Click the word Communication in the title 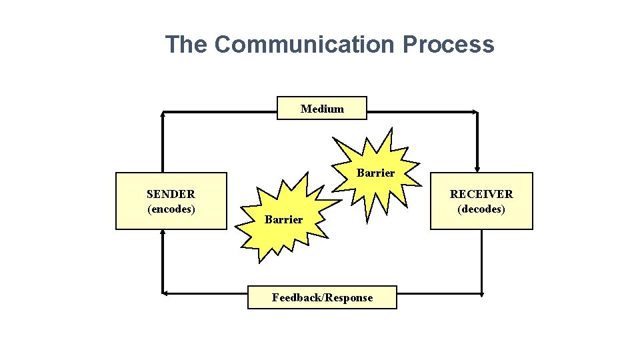(x=305, y=45)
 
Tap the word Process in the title (x=449, y=45)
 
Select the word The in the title (x=187, y=45)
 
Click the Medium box (x=322, y=108)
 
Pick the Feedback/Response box (x=322, y=297)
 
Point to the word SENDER (x=171, y=194)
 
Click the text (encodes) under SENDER (x=171, y=209)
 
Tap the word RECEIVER (x=481, y=194)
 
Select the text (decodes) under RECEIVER (x=481, y=209)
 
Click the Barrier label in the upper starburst (x=375, y=173)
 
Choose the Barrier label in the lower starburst (x=283, y=219)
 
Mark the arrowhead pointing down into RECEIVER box (x=477, y=169)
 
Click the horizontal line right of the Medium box (x=420, y=112)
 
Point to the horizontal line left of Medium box (x=220, y=112)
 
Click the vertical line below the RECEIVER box (x=481, y=260)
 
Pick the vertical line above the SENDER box (x=162, y=143)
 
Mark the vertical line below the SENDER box (x=162, y=263)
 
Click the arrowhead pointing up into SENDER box (x=162, y=233)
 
